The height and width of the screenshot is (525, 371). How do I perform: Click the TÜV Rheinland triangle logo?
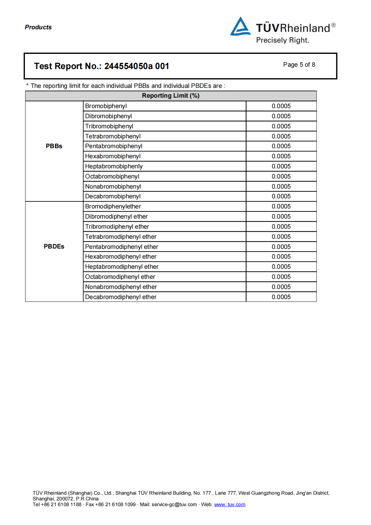(x=240, y=27)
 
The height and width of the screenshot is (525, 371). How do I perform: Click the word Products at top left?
(x=38, y=27)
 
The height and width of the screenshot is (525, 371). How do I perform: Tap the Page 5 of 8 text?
(x=299, y=65)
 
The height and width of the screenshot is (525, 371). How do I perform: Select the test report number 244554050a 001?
(x=137, y=66)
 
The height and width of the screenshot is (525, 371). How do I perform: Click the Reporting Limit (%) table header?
(x=171, y=96)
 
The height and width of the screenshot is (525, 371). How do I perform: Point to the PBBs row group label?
(x=54, y=146)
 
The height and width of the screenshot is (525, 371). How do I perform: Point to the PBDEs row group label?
(x=54, y=247)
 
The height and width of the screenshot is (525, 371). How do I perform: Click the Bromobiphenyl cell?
(x=106, y=106)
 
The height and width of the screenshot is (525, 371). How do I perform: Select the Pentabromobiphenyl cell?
(x=114, y=146)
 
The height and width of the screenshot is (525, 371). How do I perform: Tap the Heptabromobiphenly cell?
(x=114, y=166)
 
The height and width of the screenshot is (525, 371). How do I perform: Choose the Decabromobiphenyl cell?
(x=113, y=196)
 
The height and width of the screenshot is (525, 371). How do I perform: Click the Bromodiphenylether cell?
(x=113, y=206)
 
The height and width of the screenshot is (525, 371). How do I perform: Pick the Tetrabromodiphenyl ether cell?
(x=121, y=237)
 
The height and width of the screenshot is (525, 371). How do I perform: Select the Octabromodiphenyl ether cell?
(x=120, y=277)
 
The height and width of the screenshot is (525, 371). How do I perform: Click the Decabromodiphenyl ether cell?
(x=121, y=297)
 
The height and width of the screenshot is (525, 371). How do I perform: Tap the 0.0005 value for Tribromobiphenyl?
(x=281, y=126)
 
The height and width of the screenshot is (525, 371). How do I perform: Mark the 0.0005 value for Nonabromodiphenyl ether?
(x=281, y=287)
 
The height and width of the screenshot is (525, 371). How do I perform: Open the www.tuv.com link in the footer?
(x=230, y=504)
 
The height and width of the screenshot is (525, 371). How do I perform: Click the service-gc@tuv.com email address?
(x=174, y=504)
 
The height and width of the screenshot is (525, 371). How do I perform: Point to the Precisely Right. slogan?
(x=283, y=40)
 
